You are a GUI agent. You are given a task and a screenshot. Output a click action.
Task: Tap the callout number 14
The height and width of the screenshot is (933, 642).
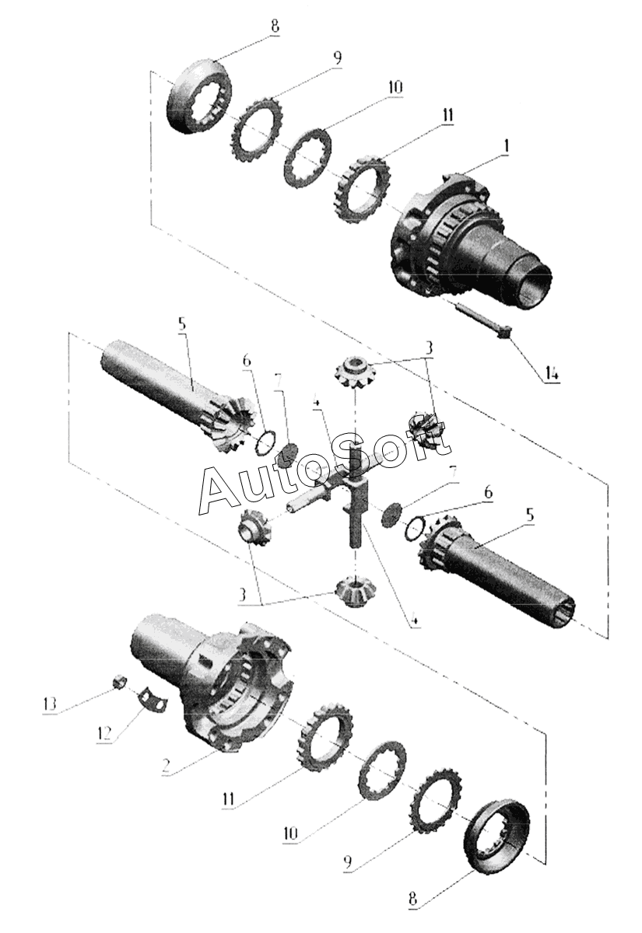tap(551, 374)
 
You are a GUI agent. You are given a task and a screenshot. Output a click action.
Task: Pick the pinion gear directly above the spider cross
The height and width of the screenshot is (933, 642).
tap(356, 369)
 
